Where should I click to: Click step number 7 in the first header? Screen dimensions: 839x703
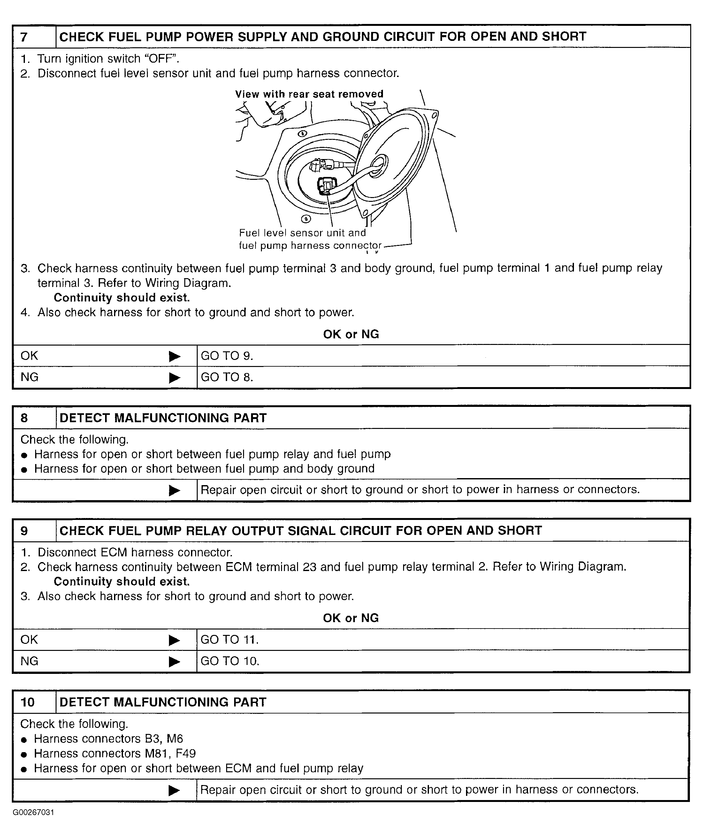coord(24,37)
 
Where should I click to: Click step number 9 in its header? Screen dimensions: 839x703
coord(24,531)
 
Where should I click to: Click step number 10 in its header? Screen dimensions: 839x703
coord(27,702)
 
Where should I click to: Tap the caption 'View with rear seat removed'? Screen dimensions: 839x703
coord(309,94)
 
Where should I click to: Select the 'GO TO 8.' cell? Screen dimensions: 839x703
coord(226,377)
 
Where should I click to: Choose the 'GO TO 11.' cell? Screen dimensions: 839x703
coord(229,640)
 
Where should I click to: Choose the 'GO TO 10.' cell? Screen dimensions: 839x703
coord(230,661)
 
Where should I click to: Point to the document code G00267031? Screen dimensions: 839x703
coord(33,812)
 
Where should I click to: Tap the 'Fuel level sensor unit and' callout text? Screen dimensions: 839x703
coord(302,233)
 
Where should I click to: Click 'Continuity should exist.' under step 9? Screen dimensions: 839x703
coord(121,582)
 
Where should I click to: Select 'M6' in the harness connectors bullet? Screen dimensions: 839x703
coord(175,739)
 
